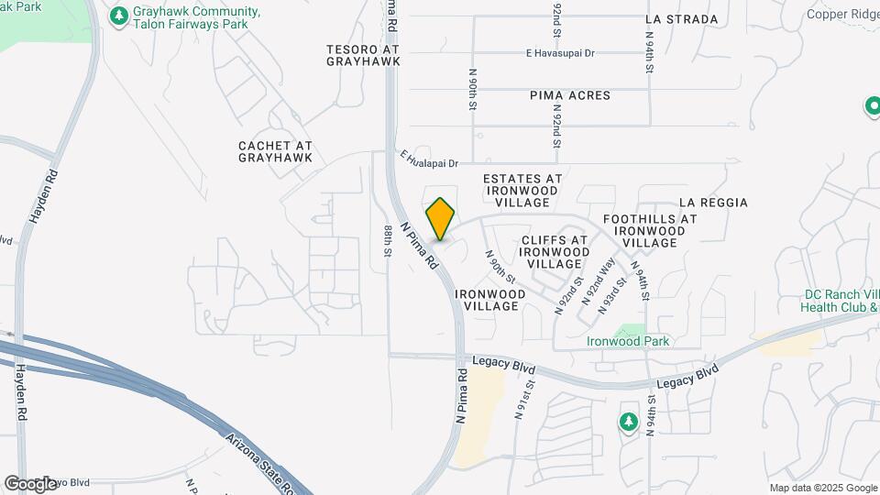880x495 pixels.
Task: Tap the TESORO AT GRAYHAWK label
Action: [x=364, y=55]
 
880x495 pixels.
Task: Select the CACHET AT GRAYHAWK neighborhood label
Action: [x=275, y=151]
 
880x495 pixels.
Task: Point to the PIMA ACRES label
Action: [x=569, y=95]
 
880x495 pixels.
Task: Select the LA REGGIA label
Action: [x=713, y=203]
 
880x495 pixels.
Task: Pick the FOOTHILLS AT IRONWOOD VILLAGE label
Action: [x=650, y=231]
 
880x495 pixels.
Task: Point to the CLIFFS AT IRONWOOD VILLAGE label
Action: [x=555, y=251]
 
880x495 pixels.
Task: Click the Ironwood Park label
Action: [x=629, y=341]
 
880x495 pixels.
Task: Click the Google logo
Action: [x=29, y=484]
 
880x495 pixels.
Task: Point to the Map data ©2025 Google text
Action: [x=822, y=489]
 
